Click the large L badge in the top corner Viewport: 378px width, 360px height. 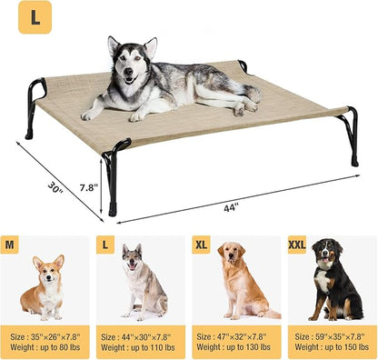point(35,17)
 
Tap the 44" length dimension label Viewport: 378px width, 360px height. point(231,206)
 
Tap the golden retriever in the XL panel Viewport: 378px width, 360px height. point(240,282)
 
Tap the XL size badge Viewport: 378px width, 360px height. point(202,245)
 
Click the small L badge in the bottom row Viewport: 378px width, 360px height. point(105,245)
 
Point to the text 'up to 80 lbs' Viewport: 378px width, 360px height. point(60,347)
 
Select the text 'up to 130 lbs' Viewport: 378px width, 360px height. point(248,347)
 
